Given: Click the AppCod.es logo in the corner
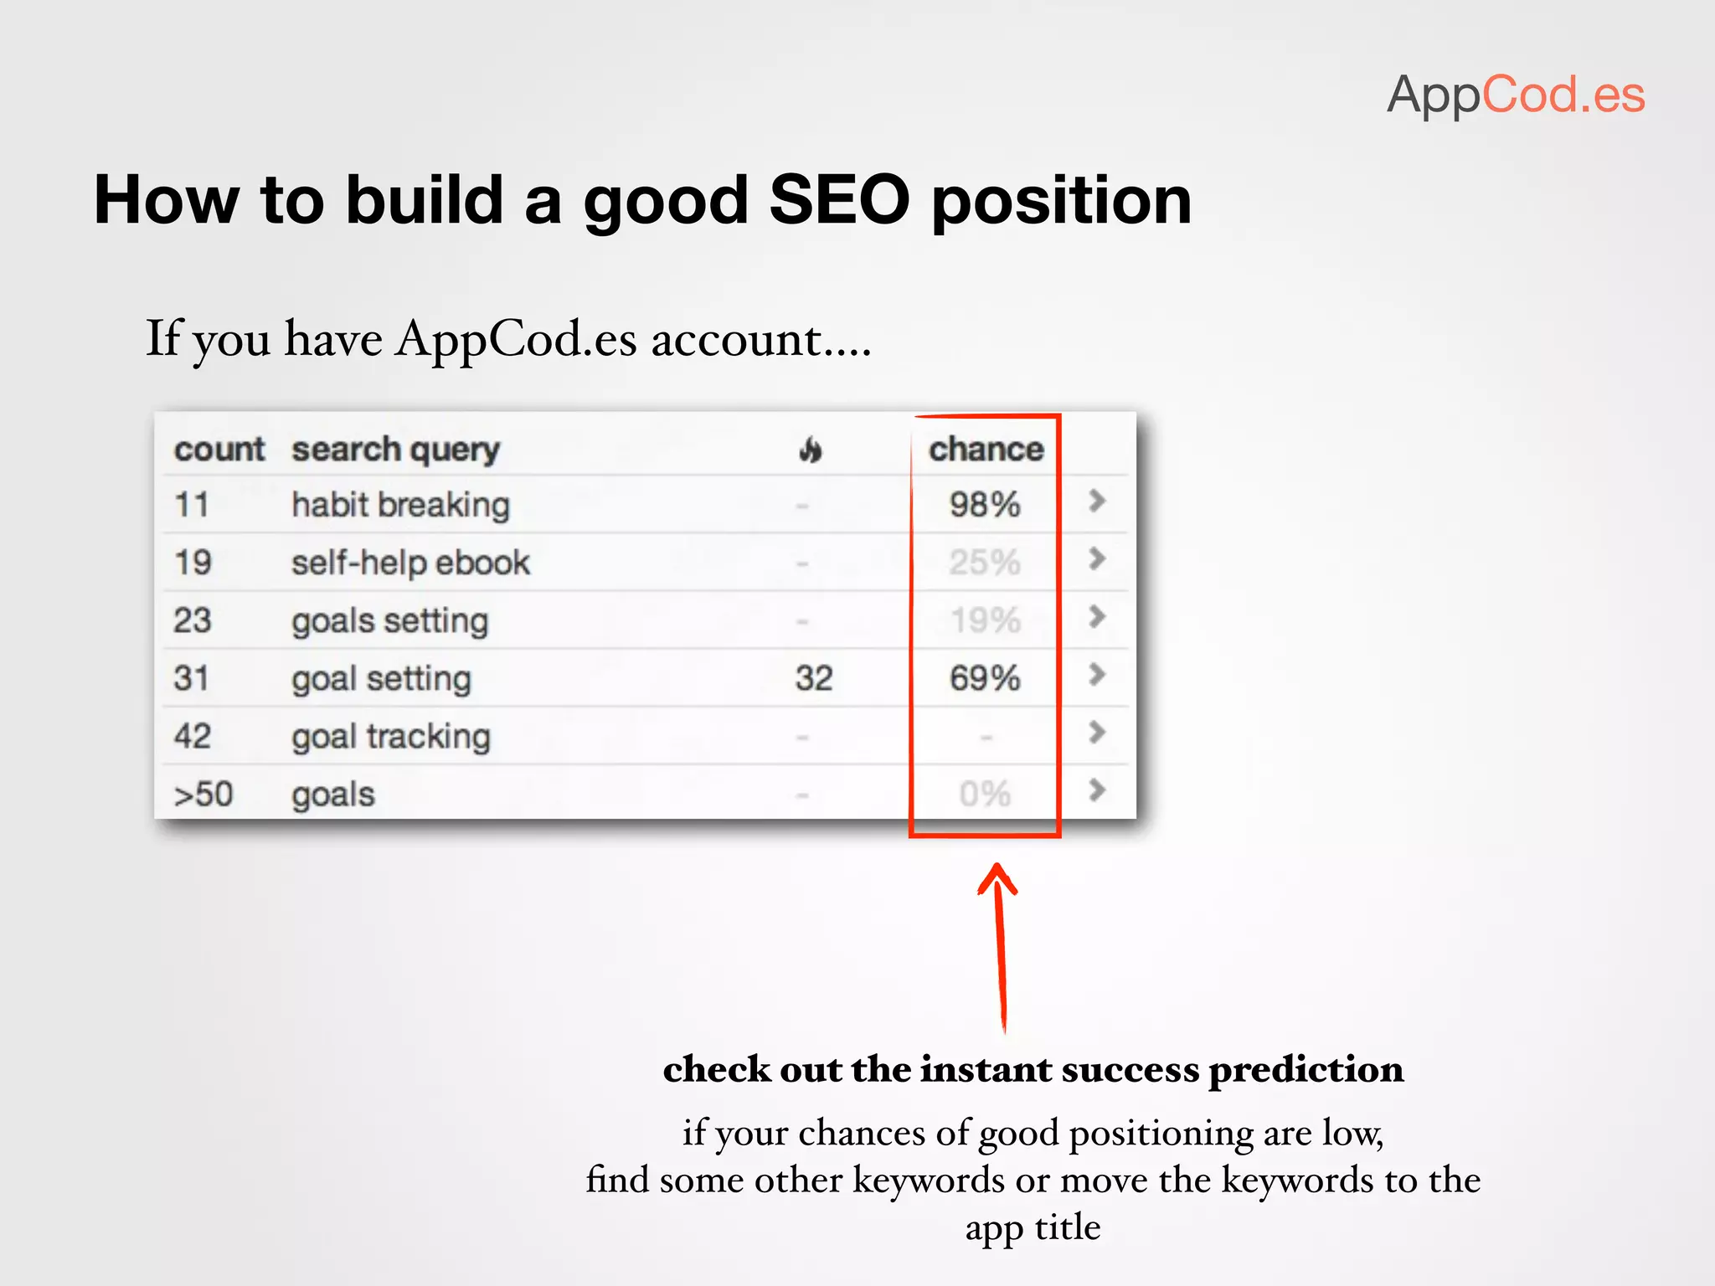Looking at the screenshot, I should coord(1516,95).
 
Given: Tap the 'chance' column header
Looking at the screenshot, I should coord(986,450).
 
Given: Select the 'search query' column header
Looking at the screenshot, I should coord(395,450).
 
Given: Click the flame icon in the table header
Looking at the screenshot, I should coord(810,450).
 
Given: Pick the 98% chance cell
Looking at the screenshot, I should coord(985,505).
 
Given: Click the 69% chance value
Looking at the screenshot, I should coord(985,678).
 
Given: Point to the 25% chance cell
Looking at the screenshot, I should coord(985,563).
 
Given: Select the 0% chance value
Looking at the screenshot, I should coord(985,794).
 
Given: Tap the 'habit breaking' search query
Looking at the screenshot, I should coord(400,506).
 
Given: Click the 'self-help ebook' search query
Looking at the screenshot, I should coord(410,563).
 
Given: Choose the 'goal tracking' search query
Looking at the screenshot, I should coord(390,737).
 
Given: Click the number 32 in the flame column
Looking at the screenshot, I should coord(814,678).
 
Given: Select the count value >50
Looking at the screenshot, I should coord(203,794).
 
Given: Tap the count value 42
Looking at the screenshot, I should coord(193,737).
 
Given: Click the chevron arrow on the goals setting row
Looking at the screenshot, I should coord(1097,617).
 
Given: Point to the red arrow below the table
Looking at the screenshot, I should coord(1000,946).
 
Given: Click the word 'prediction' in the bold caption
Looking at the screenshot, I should coord(1306,1070).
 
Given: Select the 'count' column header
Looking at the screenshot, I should coord(219,450).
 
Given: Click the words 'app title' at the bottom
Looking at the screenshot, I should coord(1033,1227).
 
